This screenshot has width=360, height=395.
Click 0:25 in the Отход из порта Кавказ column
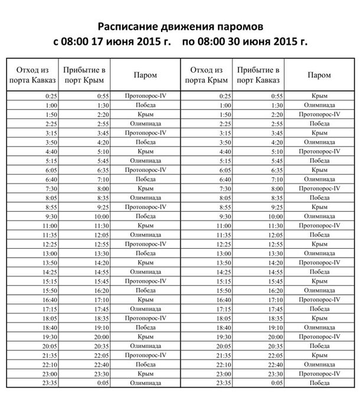(x=49, y=96)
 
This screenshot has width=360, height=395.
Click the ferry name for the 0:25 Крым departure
(x=319, y=96)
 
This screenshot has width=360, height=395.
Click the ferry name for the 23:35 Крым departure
(x=319, y=383)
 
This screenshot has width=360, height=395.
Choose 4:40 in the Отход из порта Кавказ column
(x=49, y=152)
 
